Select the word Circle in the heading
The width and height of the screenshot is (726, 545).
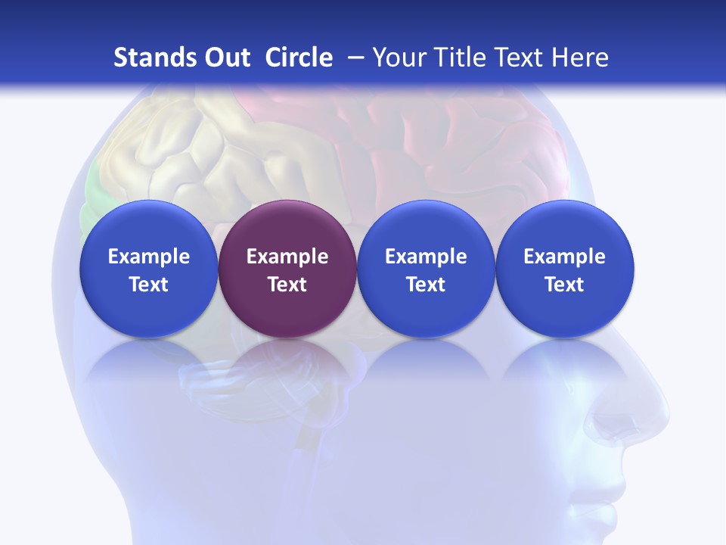point(299,58)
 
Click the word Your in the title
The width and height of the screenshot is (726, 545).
point(399,58)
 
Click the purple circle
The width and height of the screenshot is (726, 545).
point(287,303)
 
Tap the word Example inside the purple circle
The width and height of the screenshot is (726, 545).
point(287,257)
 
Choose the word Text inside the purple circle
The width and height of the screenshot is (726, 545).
point(287,285)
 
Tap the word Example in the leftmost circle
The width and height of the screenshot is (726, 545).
point(149,257)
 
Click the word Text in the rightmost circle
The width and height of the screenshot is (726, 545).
point(565,285)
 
